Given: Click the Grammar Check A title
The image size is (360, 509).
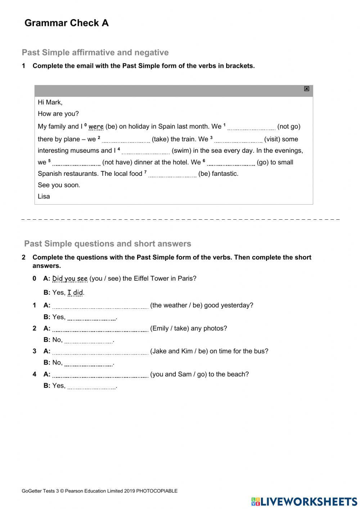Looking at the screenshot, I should click(x=66, y=23).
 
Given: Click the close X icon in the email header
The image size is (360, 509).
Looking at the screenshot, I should click(x=306, y=89).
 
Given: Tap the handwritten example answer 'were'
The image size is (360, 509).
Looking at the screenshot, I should click(x=96, y=126).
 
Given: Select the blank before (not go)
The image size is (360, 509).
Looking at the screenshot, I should click(x=251, y=127).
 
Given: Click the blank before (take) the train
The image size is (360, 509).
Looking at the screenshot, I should click(x=126, y=139).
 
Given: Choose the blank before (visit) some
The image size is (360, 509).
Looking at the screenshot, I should click(x=238, y=139).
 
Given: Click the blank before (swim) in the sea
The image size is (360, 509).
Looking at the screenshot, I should click(x=146, y=151).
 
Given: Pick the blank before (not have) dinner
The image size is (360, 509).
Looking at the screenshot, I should click(x=76, y=163).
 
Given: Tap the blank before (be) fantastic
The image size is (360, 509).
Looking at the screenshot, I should click(x=172, y=174).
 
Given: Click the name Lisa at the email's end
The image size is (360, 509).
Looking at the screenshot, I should click(x=44, y=196).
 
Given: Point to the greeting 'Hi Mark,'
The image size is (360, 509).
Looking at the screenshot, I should click(x=50, y=102).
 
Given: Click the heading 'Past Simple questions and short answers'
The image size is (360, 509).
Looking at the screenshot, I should click(x=108, y=244).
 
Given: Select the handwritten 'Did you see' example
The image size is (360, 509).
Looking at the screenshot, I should click(x=70, y=278).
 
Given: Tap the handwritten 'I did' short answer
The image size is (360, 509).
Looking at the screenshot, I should click(x=75, y=293).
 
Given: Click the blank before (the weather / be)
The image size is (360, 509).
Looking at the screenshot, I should click(x=100, y=306).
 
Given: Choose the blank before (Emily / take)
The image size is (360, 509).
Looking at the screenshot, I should click(x=100, y=329).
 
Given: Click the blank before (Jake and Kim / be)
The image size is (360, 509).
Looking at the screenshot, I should click(x=100, y=352).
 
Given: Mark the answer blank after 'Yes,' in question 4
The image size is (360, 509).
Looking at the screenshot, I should click(x=91, y=386).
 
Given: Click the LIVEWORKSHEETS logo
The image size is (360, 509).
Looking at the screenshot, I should click(x=304, y=501).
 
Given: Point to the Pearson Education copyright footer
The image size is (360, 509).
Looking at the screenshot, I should click(x=100, y=491).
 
